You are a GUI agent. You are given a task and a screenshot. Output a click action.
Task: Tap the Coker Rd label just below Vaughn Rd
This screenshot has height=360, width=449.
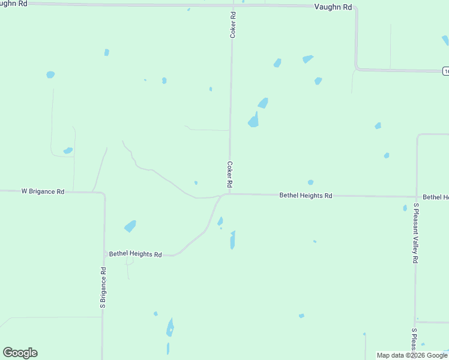232,25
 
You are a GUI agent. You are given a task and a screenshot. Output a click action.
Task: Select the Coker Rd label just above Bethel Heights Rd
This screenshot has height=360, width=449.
229,173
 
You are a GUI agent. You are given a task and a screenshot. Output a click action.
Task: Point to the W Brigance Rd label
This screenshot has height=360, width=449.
43,191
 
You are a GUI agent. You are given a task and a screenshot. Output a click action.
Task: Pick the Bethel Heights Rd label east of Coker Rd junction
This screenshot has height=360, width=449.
306,196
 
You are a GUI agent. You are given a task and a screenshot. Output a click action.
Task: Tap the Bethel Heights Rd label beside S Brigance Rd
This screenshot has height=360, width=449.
135,254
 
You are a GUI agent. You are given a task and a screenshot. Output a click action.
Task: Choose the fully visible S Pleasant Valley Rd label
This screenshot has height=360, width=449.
415,234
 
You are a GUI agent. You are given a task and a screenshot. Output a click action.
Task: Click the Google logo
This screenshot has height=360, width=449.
20,353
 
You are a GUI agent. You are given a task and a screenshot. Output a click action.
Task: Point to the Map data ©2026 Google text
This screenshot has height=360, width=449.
412,355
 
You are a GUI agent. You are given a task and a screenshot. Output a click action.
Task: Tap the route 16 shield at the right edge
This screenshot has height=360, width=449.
446,71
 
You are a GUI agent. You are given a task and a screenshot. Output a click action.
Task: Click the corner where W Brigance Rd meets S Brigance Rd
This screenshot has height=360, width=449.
103,193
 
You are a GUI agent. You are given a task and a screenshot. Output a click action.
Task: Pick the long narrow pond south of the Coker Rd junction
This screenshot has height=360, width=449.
232,241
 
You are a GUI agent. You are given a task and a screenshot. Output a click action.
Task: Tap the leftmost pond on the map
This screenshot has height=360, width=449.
50,75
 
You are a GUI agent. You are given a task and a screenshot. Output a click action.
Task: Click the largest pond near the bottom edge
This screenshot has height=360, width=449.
170,328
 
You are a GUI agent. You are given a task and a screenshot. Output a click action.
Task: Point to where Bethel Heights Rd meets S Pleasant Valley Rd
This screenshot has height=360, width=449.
415,196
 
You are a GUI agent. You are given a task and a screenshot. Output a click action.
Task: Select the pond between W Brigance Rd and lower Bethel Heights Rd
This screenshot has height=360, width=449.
130,226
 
